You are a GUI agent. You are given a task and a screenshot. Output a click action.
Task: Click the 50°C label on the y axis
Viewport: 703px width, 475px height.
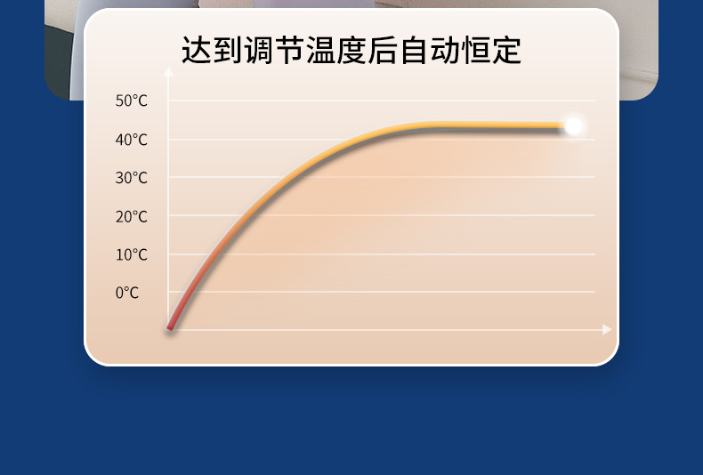pos(131,101)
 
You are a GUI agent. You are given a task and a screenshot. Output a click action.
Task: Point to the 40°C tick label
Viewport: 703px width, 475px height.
pos(131,140)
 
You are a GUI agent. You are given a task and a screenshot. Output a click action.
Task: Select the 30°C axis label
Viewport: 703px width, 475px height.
pos(131,178)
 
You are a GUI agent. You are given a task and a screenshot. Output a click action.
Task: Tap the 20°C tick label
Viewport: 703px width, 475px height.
pos(131,216)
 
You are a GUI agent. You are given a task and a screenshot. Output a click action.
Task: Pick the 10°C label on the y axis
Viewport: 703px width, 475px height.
pos(131,254)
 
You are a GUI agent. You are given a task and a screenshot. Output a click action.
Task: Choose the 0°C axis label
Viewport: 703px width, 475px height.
pos(127,293)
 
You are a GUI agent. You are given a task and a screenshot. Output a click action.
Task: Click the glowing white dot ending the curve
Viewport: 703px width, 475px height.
pos(574,126)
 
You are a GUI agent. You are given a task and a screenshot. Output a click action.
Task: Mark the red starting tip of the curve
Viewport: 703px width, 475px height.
pos(170,328)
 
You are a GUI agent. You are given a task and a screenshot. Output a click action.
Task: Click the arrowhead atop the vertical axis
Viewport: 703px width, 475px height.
pos(169,71)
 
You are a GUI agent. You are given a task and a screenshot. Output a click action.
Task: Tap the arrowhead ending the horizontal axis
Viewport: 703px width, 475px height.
pos(608,329)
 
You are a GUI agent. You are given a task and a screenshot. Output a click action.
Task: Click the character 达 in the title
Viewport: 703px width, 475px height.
pos(198,50)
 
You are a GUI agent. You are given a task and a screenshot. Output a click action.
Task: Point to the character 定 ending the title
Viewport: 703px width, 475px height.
pos(505,50)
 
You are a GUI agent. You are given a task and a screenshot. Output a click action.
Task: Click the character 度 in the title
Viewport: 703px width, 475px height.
pos(351,50)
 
